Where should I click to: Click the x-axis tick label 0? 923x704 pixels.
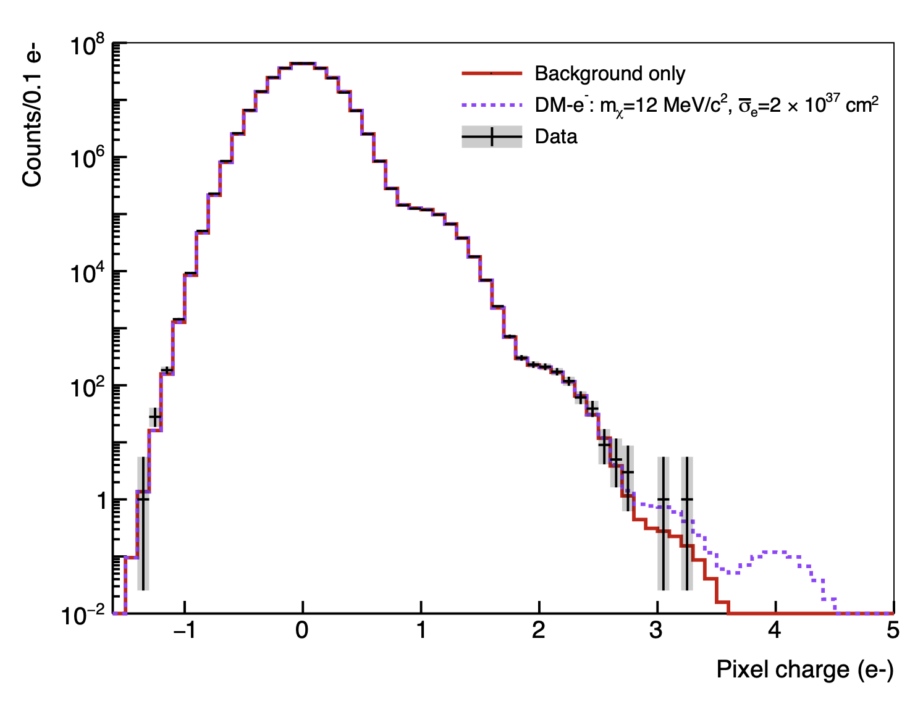pos(302,631)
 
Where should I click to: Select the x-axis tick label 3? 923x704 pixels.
pos(657,631)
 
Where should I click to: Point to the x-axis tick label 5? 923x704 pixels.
pos(893,631)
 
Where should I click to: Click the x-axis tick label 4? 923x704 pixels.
pos(775,631)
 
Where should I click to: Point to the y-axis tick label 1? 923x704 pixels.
pos(103,501)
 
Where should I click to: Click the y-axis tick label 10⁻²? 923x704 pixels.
pos(85,616)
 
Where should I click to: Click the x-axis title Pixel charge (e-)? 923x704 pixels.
pos(804,669)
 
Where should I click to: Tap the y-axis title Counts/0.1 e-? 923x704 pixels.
pos(32,117)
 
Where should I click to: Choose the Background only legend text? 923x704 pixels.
pos(610,73)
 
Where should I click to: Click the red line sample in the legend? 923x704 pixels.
pos(492,73)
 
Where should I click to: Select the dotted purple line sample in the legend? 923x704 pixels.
pos(492,106)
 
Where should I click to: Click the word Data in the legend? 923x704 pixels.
pos(556,136)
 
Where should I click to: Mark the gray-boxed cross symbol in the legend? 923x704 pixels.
pos(492,136)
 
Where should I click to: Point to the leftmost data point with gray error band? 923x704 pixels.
pos(143,498)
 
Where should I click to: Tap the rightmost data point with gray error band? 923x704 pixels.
pos(686,499)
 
